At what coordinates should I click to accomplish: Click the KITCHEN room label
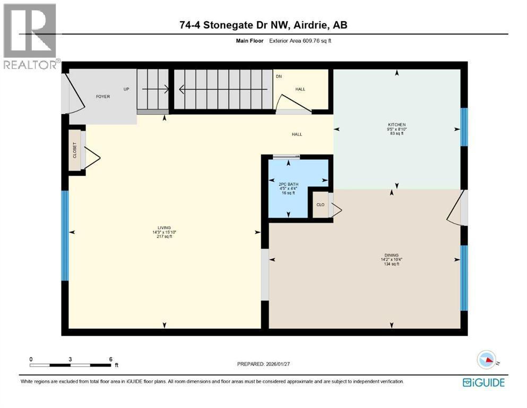click(x=396, y=125)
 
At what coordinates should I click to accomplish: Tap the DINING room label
click(x=392, y=255)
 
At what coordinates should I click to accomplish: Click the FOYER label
click(x=102, y=97)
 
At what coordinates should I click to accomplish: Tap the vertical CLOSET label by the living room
click(x=75, y=150)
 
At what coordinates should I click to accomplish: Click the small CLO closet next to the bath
click(x=320, y=205)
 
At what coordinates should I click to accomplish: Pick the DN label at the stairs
click(x=278, y=76)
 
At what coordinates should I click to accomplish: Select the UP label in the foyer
click(x=126, y=89)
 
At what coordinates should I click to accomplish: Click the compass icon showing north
click(x=486, y=360)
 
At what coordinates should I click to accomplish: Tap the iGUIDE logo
click(x=483, y=382)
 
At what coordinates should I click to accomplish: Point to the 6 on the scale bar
click(x=110, y=359)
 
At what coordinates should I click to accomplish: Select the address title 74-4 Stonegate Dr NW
click(x=263, y=25)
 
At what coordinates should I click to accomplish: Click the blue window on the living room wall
click(x=65, y=235)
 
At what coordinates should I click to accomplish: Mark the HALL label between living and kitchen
click(x=297, y=134)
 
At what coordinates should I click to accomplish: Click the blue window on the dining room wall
click(x=464, y=277)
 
